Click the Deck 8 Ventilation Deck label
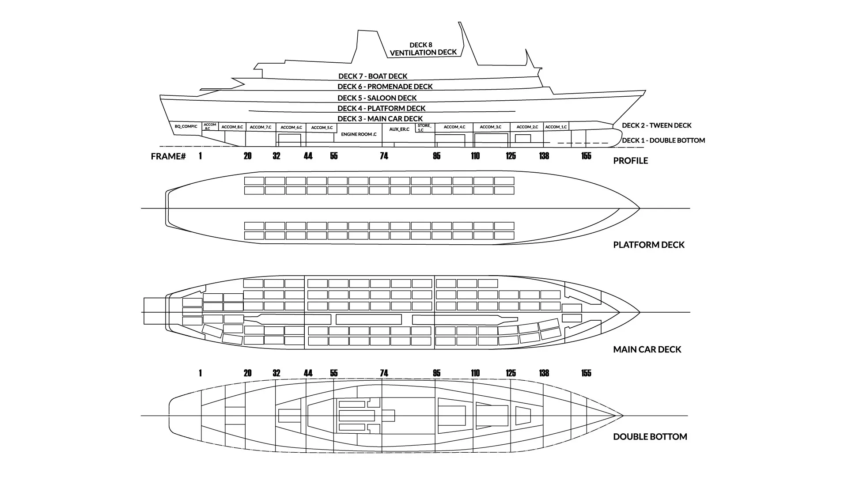click(x=423, y=49)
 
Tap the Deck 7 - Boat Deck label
click(x=373, y=76)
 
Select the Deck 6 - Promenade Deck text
click(x=385, y=87)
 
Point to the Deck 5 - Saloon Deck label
click(x=377, y=98)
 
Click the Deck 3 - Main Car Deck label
click(x=380, y=119)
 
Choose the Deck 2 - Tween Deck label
click(x=656, y=125)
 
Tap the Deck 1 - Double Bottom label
click(x=663, y=140)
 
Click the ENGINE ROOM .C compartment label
click(x=359, y=134)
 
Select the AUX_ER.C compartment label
click(x=399, y=129)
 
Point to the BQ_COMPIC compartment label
click(x=186, y=127)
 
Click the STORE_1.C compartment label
click(x=424, y=128)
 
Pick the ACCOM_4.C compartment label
click(x=454, y=127)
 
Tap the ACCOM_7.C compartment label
click(x=261, y=127)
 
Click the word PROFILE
click(x=630, y=161)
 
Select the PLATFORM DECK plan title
click(x=648, y=245)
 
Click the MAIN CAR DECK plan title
click(x=647, y=349)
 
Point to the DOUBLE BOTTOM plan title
click(x=650, y=437)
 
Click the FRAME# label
click(x=168, y=156)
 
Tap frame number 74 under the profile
click(x=384, y=156)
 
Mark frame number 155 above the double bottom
click(x=586, y=373)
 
